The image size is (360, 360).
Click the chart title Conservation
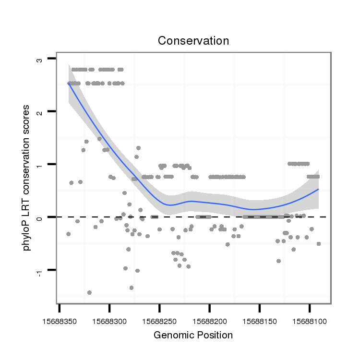point(193,41)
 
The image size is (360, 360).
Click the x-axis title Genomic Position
point(193,335)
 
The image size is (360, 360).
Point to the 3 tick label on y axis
point(39,60)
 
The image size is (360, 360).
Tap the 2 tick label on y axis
point(39,112)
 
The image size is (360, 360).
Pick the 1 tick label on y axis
point(39,165)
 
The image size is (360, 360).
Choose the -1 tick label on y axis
point(39,271)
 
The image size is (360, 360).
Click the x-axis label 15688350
point(60,318)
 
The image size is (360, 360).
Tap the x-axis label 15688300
point(110,318)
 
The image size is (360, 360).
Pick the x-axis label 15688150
point(260,318)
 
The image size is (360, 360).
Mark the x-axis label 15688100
point(310,318)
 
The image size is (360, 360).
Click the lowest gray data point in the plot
point(89,292)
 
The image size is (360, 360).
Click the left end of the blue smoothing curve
point(69,84)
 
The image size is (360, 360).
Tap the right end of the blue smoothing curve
point(318,189)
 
